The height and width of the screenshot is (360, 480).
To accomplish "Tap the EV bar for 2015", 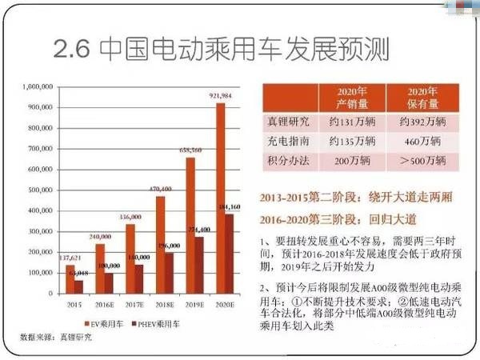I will pos(69,279).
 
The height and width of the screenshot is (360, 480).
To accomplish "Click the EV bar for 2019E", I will pos(190,226).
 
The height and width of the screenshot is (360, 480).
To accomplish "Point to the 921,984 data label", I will pos(220,97).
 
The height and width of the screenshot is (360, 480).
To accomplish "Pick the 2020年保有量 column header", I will pos(423,96).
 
